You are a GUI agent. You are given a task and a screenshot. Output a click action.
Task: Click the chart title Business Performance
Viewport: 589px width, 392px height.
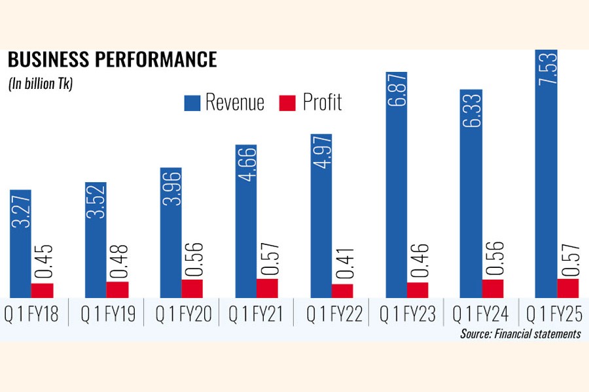(x=112, y=60)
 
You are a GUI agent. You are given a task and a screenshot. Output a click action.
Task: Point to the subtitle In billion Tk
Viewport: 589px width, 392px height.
(x=41, y=84)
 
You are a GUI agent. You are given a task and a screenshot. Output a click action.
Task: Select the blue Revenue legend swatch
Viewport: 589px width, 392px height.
(x=192, y=103)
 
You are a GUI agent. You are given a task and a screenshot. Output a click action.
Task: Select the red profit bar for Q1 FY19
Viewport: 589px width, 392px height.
(x=117, y=289)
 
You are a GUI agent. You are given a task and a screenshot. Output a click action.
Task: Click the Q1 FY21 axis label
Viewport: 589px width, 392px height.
(x=256, y=314)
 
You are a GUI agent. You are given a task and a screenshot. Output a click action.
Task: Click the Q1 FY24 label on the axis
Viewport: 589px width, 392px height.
(x=480, y=314)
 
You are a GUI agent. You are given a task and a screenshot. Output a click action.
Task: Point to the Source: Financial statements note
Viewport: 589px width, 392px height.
(x=520, y=334)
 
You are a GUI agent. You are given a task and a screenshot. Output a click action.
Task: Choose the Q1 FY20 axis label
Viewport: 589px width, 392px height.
(x=183, y=314)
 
